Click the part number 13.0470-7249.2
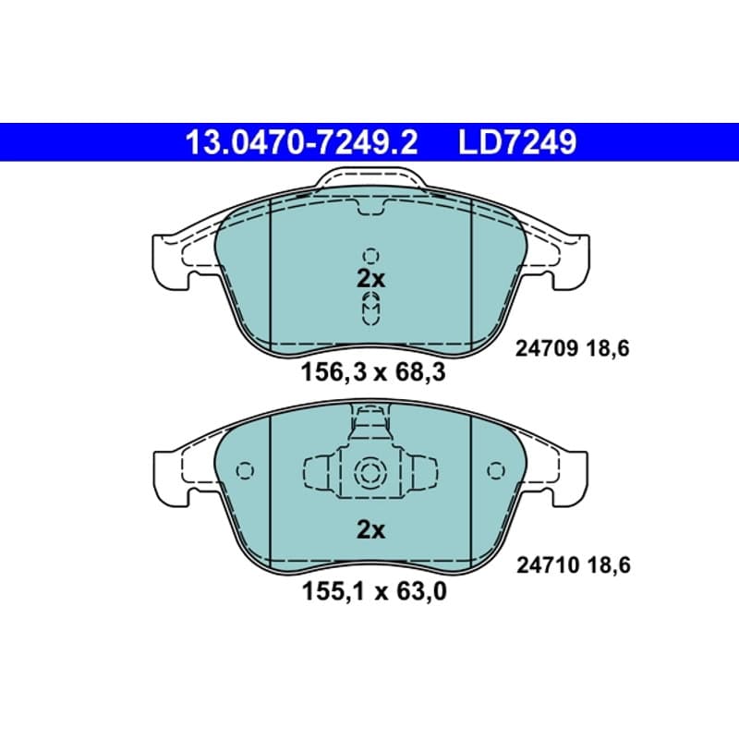click(302, 142)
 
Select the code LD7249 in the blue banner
click(517, 142)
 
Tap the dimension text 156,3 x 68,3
click(373, 373)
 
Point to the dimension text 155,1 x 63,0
click(374, 591)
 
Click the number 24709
click(547, 349)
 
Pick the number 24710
click(548, 565)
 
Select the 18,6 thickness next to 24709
click(608, 349)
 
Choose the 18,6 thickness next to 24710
click(609, 565)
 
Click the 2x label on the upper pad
click(370, 280)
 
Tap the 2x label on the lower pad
click(370, 530)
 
